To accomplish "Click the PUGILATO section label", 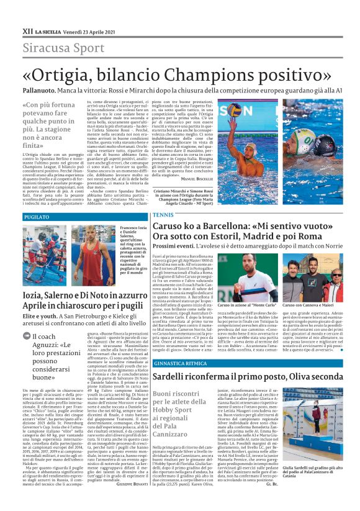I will point(37,217).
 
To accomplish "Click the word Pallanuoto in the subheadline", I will point(42,90).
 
